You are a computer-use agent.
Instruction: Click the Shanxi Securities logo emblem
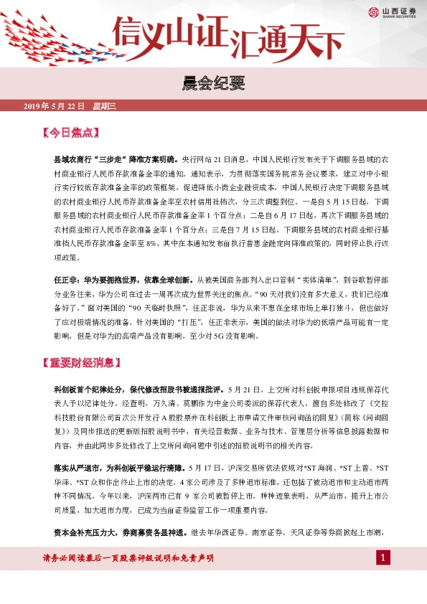373,11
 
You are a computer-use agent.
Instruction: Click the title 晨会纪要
213,85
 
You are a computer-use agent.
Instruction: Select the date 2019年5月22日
55,106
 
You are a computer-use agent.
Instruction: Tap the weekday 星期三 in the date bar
105,106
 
